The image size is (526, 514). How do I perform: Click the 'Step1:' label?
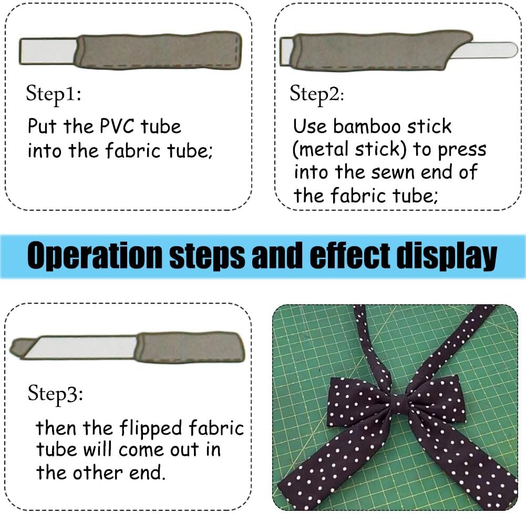coord(54,94)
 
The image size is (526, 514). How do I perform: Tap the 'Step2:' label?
coord(317,94)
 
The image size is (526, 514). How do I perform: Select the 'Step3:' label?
coord(55,394)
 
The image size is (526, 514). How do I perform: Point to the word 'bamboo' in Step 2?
coord(367,127)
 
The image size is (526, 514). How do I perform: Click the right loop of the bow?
coord(435,397)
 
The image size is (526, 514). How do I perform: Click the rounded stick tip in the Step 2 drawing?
coord(512,50)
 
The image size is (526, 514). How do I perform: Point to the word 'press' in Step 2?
coord(462,150)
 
